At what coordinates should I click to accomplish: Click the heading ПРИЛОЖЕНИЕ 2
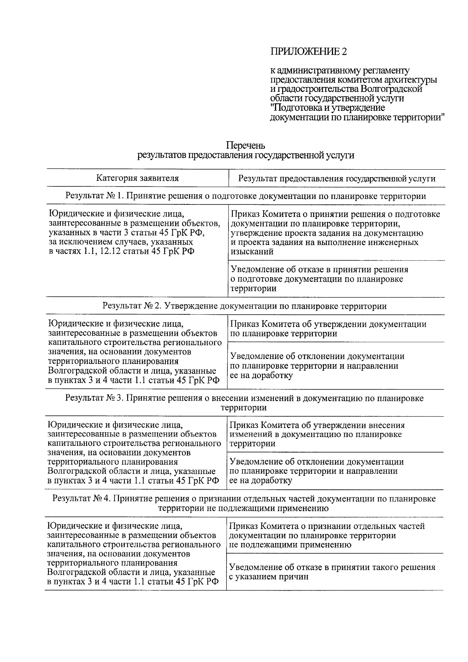[x=308, y=51]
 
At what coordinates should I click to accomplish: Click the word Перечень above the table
[x=246, y=146]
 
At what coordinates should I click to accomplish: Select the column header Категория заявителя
[x=138, y=178]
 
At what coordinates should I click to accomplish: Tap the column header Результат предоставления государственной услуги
[x=337, y=179]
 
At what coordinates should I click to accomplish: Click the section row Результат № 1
[x=246, y=196]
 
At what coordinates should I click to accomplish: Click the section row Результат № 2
[x=245, y=306]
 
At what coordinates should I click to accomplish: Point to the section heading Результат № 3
[x=244, y=403]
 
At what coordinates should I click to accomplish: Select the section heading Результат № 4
[x=244, y=504]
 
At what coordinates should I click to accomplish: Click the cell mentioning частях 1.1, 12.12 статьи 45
[x=135, y=232]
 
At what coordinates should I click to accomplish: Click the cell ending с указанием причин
[x=332, y=572]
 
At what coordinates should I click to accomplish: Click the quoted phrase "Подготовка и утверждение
[x=328, y=108]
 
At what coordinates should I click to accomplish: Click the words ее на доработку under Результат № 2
[x=261, y=376]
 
